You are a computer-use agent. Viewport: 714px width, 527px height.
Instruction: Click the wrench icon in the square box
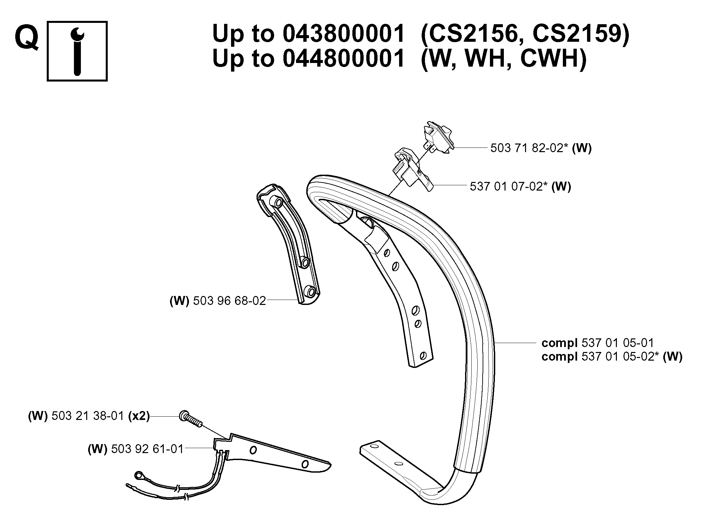(x=77, y=51)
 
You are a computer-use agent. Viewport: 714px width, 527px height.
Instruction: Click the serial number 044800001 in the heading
(x=344, y=58)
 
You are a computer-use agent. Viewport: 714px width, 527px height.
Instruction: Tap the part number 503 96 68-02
(x=230, y=301)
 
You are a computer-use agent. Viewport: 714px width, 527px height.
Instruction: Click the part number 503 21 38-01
(x=88, y=416)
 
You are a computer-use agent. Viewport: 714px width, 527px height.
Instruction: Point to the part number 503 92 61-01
(x=148, y=449)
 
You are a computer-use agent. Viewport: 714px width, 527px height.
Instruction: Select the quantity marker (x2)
(x=139, y=416)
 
